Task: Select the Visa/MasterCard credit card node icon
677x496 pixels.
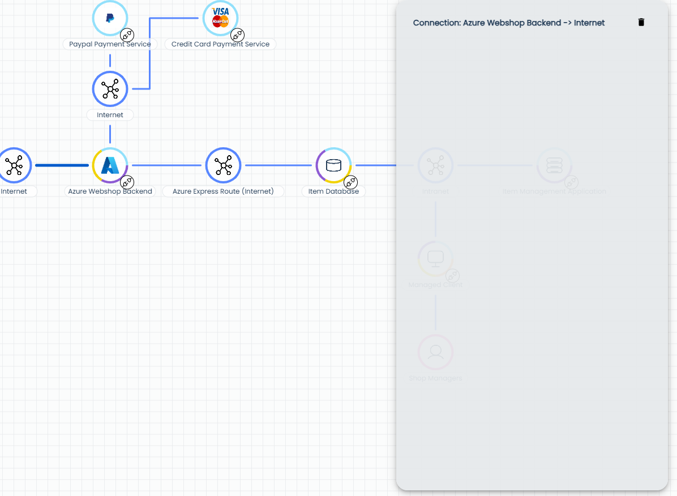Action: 220,17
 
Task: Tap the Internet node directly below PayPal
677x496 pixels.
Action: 110,89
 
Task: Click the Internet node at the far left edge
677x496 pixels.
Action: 14,165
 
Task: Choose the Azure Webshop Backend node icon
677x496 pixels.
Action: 110,165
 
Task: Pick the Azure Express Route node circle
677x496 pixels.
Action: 224,165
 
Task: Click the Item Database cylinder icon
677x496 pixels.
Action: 333,165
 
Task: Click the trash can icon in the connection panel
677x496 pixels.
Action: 641,23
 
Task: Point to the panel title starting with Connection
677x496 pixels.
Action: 508,23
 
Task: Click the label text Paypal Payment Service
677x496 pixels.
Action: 110,44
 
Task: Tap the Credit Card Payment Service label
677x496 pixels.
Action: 220,44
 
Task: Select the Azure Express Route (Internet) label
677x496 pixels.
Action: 223,191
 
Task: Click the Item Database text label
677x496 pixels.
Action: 333,191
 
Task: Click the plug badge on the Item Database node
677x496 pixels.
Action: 351,182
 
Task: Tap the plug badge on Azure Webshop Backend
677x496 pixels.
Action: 127,182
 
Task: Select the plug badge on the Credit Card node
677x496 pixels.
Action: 238,35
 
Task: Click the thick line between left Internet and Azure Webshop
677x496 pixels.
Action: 62,165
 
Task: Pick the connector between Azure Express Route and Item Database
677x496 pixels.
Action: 278,165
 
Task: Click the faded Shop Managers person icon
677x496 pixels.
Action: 435,352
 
